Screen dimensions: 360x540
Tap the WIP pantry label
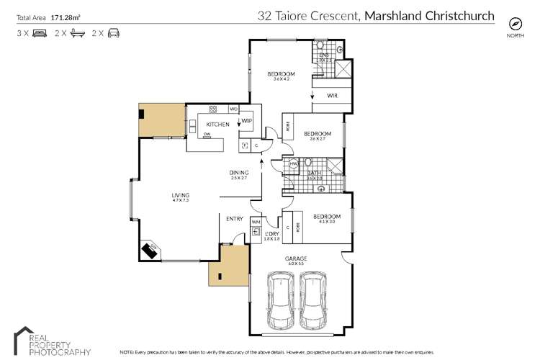[x=246, y=120]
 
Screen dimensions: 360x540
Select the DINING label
[x=239, y=172]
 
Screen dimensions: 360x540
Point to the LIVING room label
[x=180, y=195]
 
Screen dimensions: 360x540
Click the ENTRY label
[x=234, y=219]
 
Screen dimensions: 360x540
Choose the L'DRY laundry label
[x=271, y=235]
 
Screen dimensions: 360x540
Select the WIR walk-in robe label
[x=333, y=95]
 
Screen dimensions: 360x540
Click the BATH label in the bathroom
[x=314, y=173]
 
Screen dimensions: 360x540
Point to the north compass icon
[x=514, y=22]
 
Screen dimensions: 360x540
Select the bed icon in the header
[x=40, y=33]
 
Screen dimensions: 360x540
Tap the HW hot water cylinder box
[x=294, y=164]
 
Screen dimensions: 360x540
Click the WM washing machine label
[x=256, y=222]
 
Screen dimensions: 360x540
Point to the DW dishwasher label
[x=207, y=134]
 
